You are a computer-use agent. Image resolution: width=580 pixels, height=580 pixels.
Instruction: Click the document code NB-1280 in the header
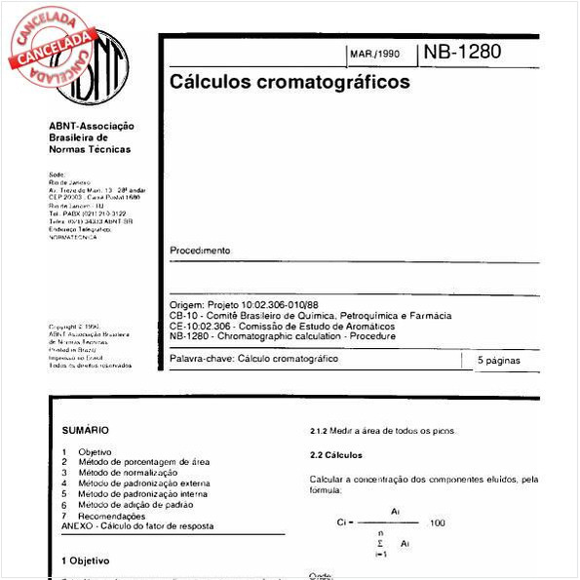(463, 53)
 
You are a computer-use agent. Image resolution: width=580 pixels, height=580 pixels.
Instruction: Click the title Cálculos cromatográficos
(290, 83)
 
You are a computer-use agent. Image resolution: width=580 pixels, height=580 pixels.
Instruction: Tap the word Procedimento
(200, 251)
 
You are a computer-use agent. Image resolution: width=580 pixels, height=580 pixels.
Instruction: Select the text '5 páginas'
(499, 361)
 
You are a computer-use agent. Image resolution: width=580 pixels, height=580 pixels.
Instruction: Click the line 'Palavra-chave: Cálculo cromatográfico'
(253, 360)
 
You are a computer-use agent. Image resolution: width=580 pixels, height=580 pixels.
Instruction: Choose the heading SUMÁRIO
(86, 430)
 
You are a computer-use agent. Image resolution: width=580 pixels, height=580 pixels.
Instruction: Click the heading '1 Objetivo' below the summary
(86, 561)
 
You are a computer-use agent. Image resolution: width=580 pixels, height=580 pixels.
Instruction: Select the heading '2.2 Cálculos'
(336, 455)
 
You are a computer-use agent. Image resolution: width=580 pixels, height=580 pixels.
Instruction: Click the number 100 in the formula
(437, 523)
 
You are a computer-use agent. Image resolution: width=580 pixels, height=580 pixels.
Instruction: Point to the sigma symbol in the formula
(378, 542)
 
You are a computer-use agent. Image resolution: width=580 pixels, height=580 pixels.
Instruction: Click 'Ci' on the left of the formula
(342, 523)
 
